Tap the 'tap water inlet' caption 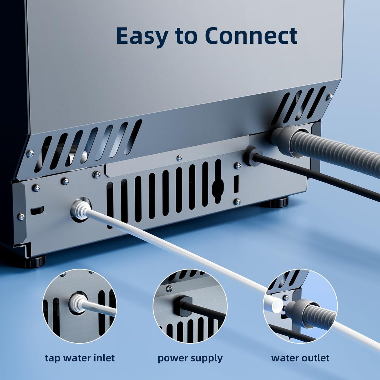80,358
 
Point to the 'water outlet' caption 300,358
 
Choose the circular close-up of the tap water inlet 80,306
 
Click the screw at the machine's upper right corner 330,97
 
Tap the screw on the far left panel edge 21,216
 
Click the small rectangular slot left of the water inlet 37,210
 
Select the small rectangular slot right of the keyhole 236,184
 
